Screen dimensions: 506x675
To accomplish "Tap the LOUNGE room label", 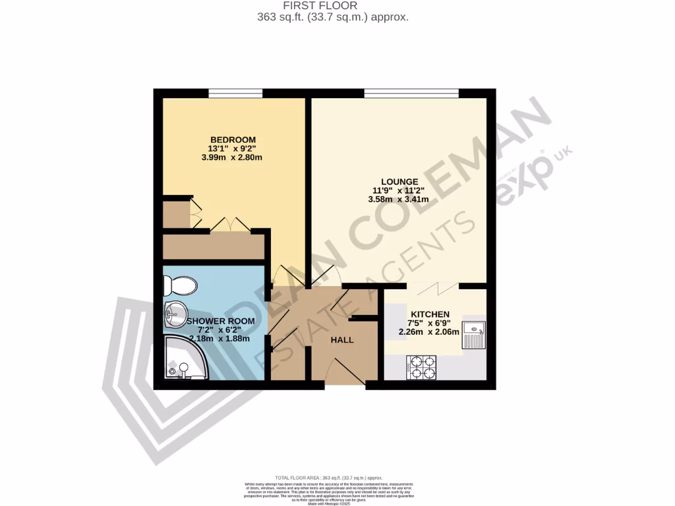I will click(x=399, y=181).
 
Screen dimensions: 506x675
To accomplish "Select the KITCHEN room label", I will click(x=430, y=314).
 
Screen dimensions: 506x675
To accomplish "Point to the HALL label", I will click(x=342, y=340).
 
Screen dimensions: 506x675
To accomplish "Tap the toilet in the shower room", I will click(x=181, y=286).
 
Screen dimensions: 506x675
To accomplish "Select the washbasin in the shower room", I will click(x=176, y=314).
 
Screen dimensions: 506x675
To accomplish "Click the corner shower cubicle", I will click(x=185, y=358).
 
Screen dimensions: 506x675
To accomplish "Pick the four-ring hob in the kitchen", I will click(x=422, y=367).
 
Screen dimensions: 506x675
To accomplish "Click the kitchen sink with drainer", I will click(x=474, y=334).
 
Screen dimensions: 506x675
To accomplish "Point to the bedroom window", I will click(x=235, y=93).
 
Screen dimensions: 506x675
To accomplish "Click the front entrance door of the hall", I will click(x=345, y=373).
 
